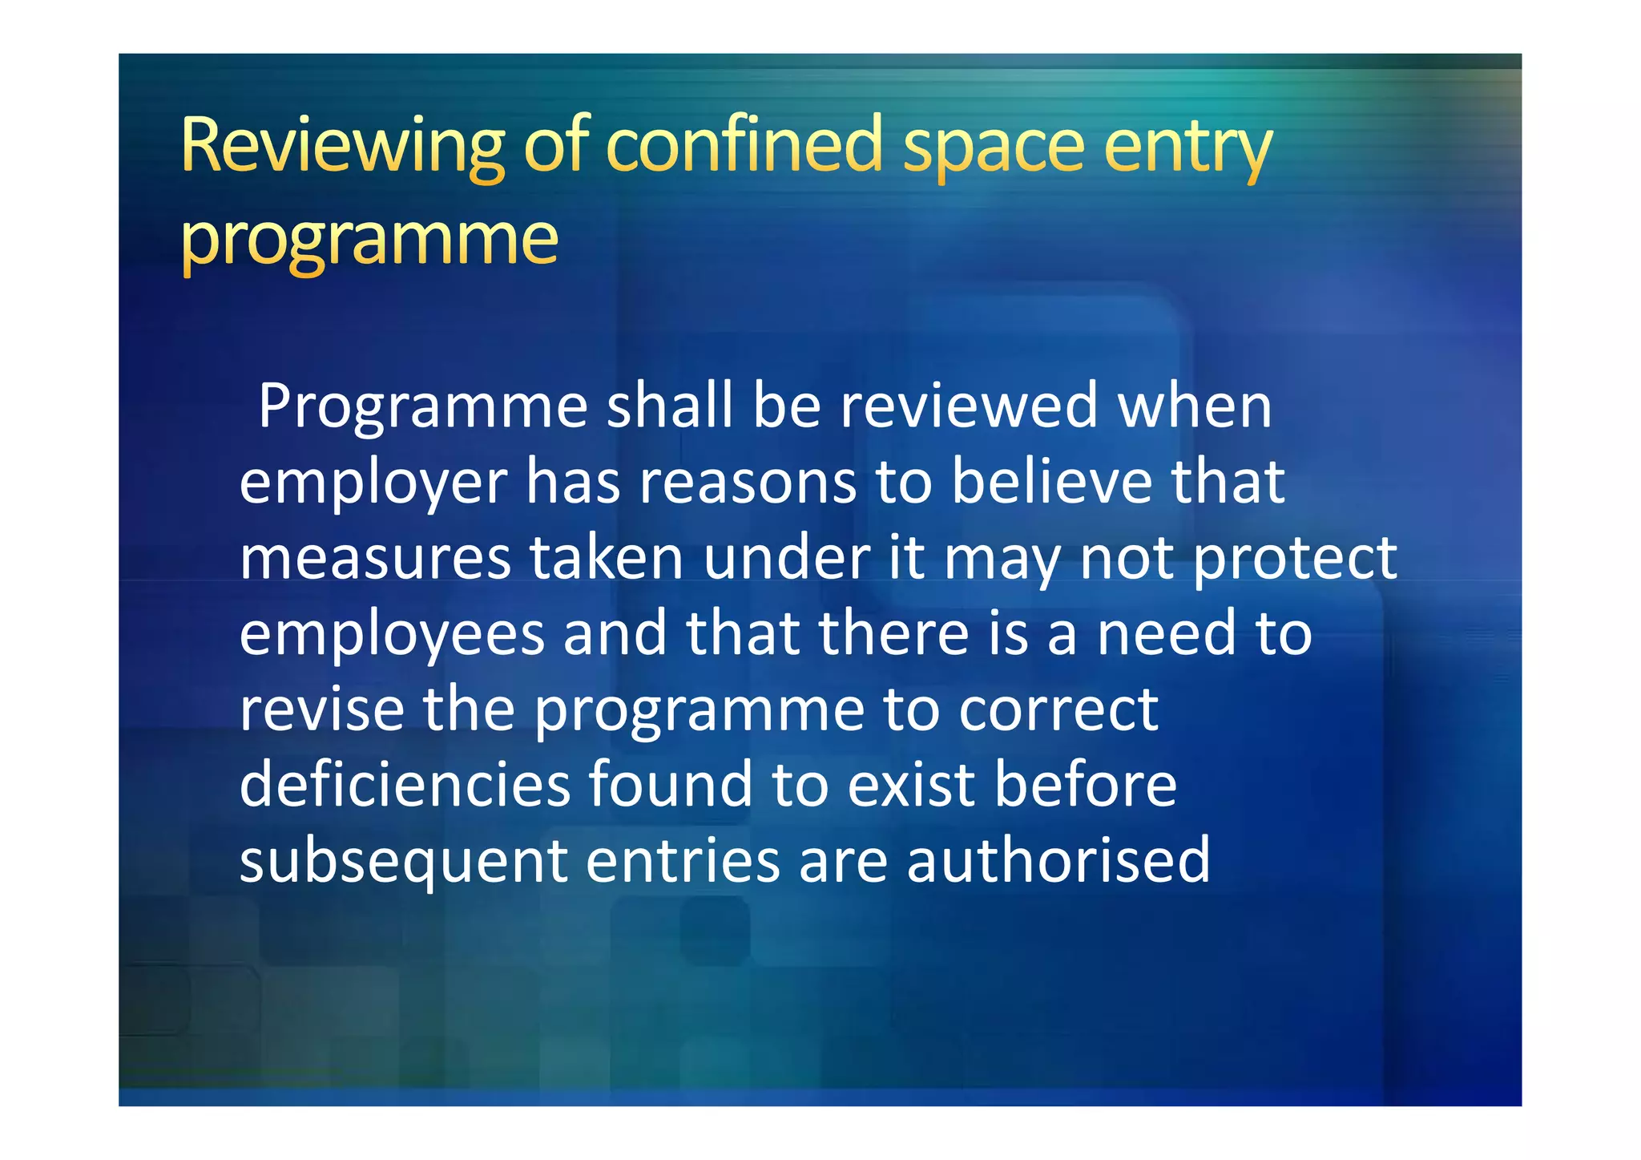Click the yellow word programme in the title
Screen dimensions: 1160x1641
pos(369,240)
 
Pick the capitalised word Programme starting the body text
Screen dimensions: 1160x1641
pos(423,407)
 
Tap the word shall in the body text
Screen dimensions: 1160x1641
pos(670,406)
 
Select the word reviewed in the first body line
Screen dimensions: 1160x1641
pos(969,406)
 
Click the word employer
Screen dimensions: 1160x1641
pos(373,483)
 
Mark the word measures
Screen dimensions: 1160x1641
pos(375,559)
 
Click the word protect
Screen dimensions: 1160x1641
pos(1296,559)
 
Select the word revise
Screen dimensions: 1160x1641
pos(321,709)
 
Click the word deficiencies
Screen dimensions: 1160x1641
pos(405,784)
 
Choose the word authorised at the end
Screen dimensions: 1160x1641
pos(1058,860)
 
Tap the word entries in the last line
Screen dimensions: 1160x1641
pos(683,860)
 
